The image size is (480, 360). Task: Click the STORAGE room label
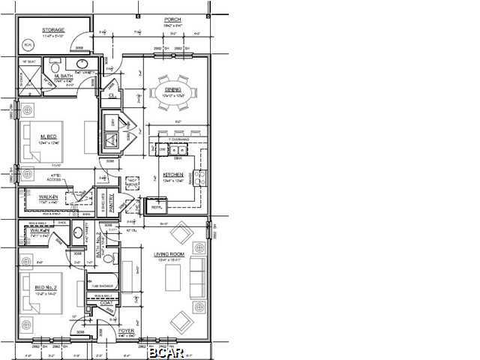pyautogui.click(x=54, y=31)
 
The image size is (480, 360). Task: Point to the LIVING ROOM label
pyautogui.click(x=169, y=255)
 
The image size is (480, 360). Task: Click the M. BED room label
pyautogui.click(x=49, y=136)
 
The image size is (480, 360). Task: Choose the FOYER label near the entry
pyautogui.click(x=126, y=330)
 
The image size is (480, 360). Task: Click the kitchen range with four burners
pyautogui.click(x=200, y=177)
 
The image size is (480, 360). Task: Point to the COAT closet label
pyautogui.click(x=115, y=303)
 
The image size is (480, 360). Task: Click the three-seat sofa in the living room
pyautogui.click(x=197, y=277)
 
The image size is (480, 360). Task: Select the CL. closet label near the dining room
pyautogui.click(x=113, y=95)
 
